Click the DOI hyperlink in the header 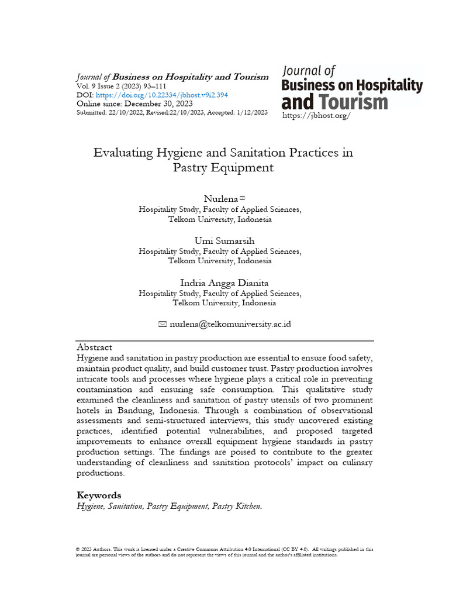(x=162, y=95)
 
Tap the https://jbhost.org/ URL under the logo (x=316, y=116)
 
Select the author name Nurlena (x=216, y=200)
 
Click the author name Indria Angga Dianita (x=224, y=283)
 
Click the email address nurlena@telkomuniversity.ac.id (x=230, y=324)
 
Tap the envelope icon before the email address (x=163, y=324)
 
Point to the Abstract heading (x=94, y=347)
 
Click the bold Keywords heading (x=99, y=495)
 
